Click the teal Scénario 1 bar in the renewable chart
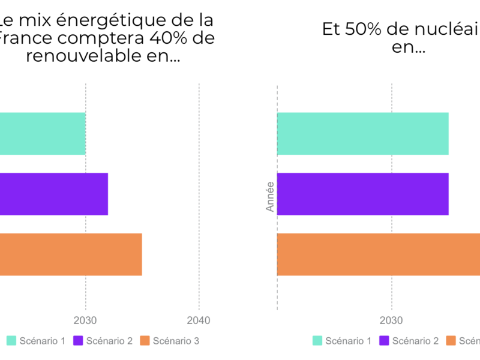pyautogui.click(x=42, y=133)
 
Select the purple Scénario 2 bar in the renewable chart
pyautogui.click(x=54, y=194)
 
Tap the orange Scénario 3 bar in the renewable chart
pyautogui.click(x=71, y=254)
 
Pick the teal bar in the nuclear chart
pyautogui.click(x=362, y=133)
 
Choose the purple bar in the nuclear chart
pyautogui.click(x=362, y=194)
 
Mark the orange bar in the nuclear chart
pyautogui.click(x=378, y=254)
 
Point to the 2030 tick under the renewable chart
pyautogui.click(x=85, y=320)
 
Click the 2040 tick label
pyautogui.click(x=199, y=320)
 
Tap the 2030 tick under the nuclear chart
pyautogui.click(x=392, y=320)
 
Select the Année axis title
pyautogui.click(x=270, y=196)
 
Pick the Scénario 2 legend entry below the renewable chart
pyautogui.click(x=103, y=341)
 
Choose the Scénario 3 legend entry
pyautogui.click(x=170, y=341)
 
